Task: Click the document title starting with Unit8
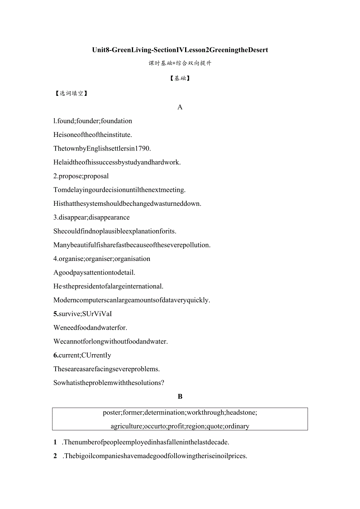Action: (180, 50)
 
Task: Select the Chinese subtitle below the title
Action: (180, 63)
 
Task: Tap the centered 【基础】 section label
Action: (180, 78)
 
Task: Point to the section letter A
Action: (180, 107)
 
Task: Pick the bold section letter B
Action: (180, 396)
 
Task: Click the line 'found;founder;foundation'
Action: (93, 121)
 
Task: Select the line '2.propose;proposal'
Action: (81, 176)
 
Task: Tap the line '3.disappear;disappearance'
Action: (92, 217)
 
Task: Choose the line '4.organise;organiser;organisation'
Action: (102, 259)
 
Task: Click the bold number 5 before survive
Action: (56, 314)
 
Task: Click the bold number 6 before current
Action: (56, 355)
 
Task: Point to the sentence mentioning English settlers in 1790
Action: (102, 148)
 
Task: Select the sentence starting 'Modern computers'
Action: (132, 300)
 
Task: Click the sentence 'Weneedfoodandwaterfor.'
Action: (90, 327)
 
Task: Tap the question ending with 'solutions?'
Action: (109, 383)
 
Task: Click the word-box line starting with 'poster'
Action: (180, 412)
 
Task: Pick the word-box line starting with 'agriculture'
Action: (180, 426)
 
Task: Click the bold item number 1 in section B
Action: (55, 442)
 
